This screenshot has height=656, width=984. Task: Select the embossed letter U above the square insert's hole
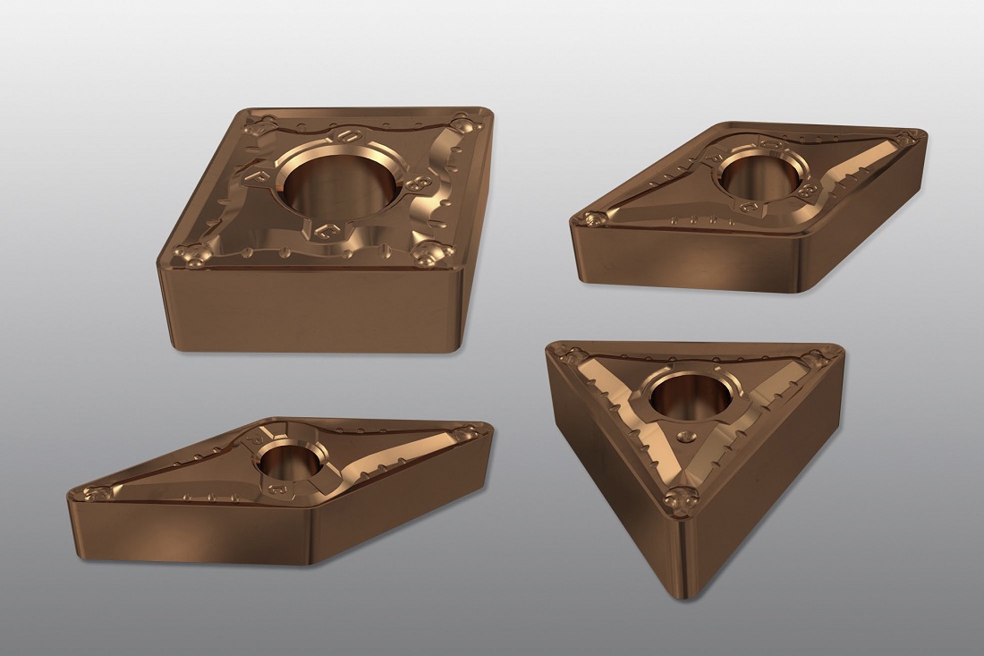click(x=344, y=138)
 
